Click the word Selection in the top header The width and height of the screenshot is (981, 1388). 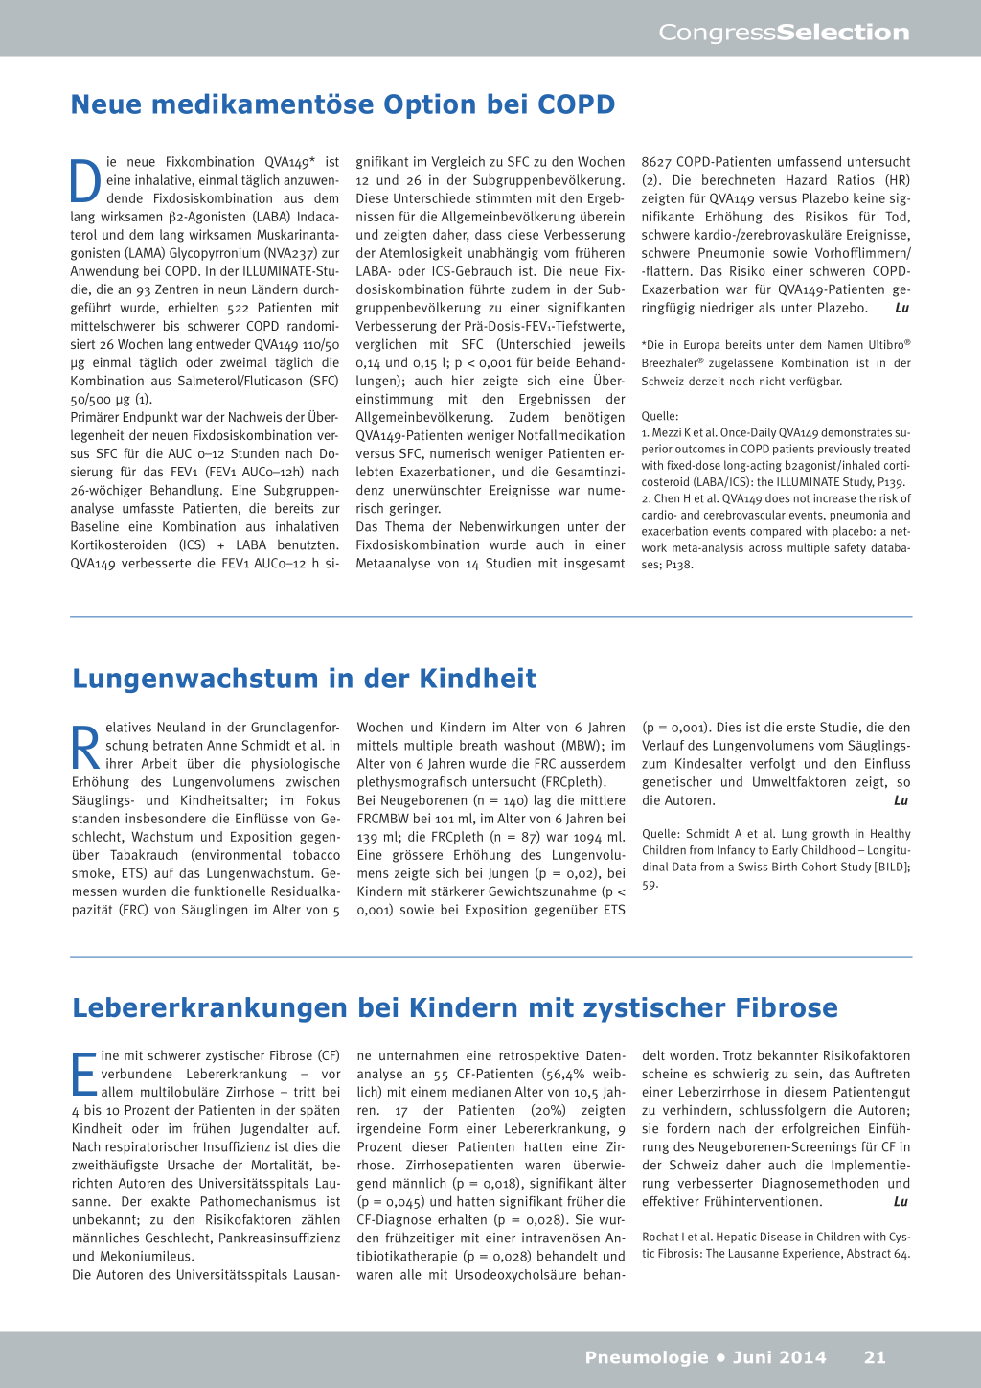[x=843, y=33]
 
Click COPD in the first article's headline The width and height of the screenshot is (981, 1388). [x=576, y=104]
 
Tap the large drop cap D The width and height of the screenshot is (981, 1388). [x=85, y=180]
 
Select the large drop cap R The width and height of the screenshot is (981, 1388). [x=86, y=747]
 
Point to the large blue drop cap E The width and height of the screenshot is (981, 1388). [x=84, y=1074]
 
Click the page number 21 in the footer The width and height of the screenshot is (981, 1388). [x=875, y=1357]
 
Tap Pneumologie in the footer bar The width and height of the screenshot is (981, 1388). [x=647, y=1357]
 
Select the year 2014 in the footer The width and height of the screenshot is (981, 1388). [x=803, y=1357]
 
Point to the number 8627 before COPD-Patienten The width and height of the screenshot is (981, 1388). [x=656, y=162]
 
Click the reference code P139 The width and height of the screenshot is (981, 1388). [x=890, y=482]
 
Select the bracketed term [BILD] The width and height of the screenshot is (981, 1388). [x=890, y=867]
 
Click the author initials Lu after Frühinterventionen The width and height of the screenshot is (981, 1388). [x=901, y=1202]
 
